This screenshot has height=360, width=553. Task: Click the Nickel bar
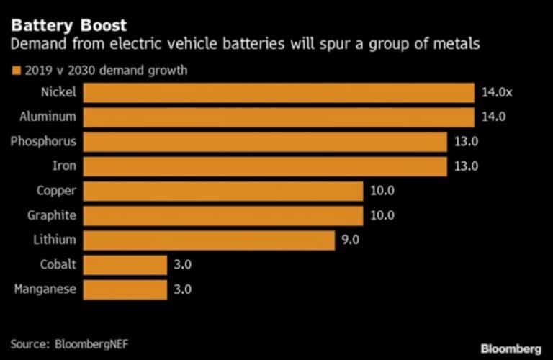(x=279, y=93)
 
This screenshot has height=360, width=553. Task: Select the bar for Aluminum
(x=279, y=117)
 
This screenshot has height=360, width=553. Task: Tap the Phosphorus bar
(x=265, y=142)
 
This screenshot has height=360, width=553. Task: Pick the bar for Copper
(x=222, y=191)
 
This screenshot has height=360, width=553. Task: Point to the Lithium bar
(x=209, y=240)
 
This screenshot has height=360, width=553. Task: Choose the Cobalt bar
(x=125, y=265)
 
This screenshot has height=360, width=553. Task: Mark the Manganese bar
(x=125, y=289)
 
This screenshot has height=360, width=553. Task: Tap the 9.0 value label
(x=351, y=240)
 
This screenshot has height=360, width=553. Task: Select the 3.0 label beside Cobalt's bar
(x=183, y=265)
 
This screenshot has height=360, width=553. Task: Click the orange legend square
(x=14, y=71)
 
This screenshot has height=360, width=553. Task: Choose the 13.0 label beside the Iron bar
(x=467, y=166)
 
